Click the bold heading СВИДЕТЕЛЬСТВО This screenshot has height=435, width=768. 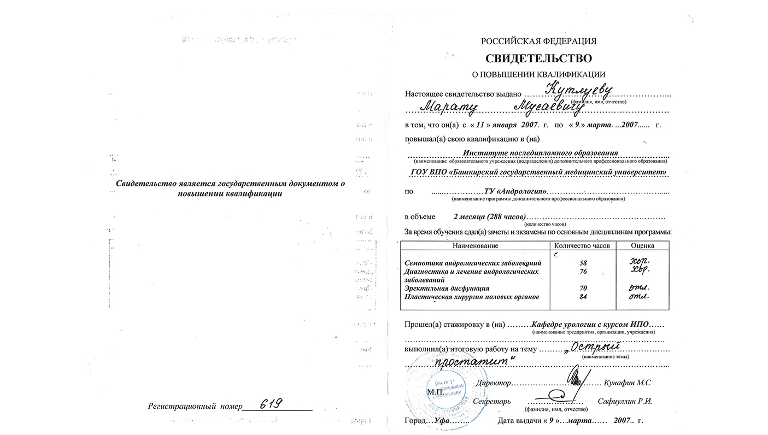538,58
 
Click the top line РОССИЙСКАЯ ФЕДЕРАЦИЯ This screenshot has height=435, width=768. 538,41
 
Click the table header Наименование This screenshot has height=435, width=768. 475,245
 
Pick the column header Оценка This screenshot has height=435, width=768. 642,245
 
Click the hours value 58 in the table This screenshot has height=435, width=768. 582,263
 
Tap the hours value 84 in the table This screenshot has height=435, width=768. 582,297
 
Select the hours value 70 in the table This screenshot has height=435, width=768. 582,288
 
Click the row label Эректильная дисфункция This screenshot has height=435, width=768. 447,288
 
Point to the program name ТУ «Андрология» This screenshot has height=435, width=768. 515,192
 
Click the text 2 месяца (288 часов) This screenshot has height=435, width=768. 489,216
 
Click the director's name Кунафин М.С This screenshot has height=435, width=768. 627,383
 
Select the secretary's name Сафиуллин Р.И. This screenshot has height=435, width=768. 625,401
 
